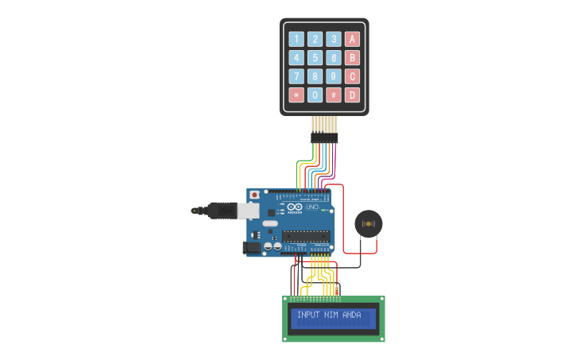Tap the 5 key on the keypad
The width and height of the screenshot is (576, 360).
pyautogui.click(x=315, y=58)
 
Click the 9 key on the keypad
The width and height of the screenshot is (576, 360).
pyautogui.click(x=334, y=76)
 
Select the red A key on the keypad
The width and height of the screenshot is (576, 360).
pyautogui.click(x=352, y=39)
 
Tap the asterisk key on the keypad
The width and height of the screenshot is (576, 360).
pyautogui.click(x=296, y=95)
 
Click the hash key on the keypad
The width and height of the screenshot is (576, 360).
pyautogui.click(x=334, y=95)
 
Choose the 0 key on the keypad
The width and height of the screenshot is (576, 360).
pyautogui.click(x=315, y=95)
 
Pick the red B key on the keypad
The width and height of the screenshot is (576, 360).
pyautogui.click(x=352, y=58)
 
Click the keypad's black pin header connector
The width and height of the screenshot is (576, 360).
pyautogui.click(x=324, y=137)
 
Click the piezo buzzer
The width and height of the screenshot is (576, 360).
pyautogui.click(x=368, y=223)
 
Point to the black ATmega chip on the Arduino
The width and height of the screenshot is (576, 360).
pyautogui.click(x=307, y=236)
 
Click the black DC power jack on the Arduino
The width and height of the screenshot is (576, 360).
pyautogui.click(x=250, y=248)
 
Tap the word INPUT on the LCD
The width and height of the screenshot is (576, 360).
pyautogui.click(x=305, y=315)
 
